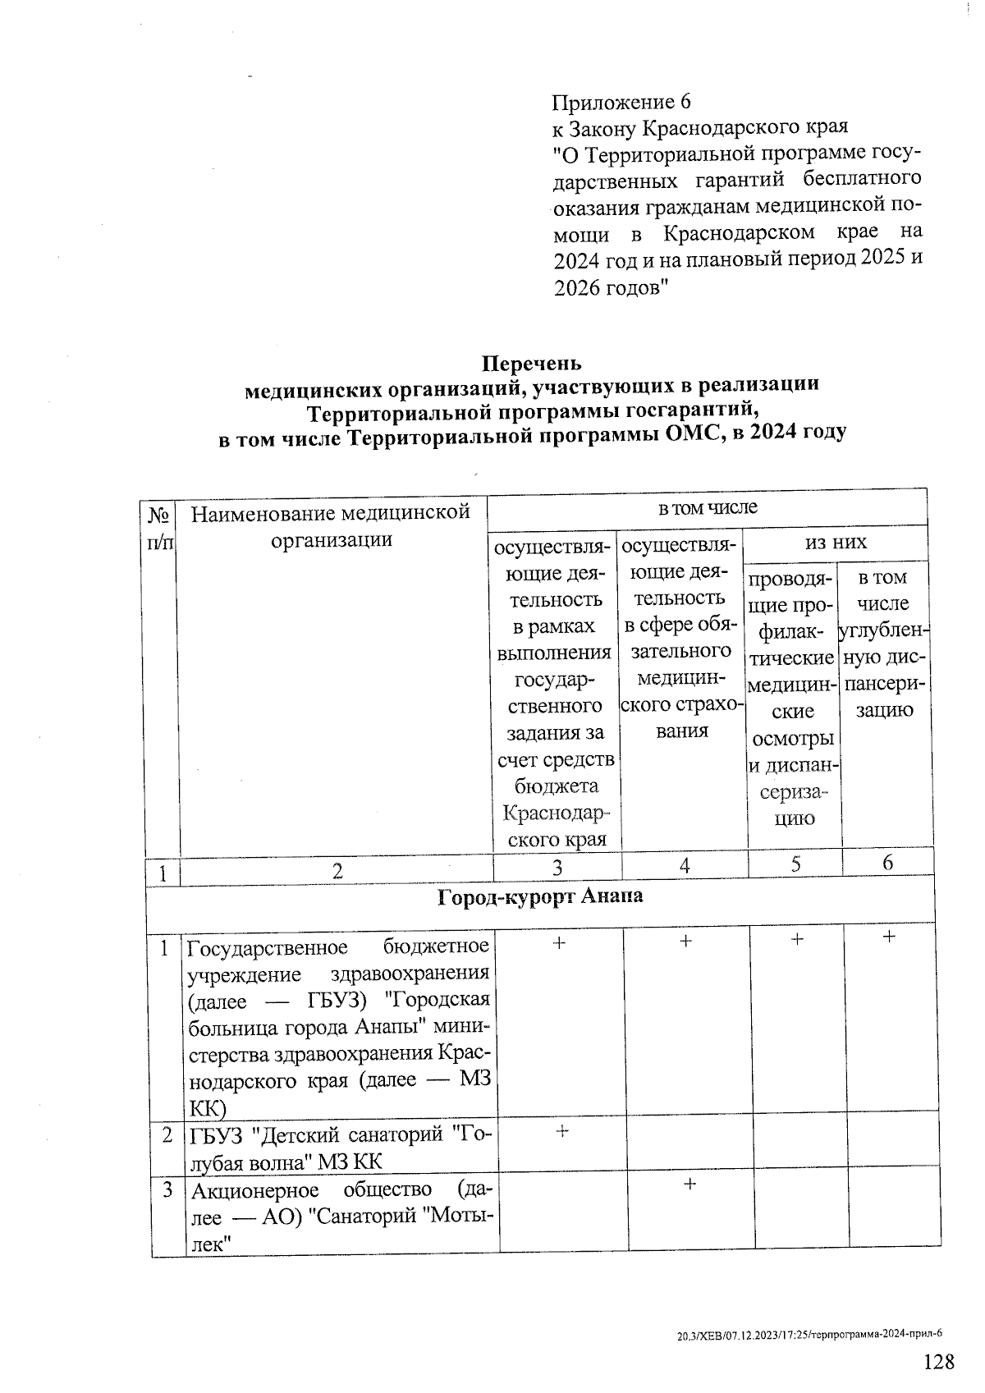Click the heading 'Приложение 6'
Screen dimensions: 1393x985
(x=621, y=102)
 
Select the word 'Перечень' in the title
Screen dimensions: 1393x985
(x=531, y=363)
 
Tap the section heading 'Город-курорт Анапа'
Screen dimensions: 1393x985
(x=539, y=896)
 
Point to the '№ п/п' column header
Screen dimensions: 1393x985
(x=161, y=528)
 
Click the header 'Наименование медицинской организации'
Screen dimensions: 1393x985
(x=331, y=526)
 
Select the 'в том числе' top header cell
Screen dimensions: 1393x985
(x=707, y=508)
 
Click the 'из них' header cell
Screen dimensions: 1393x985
(x=835, y=542)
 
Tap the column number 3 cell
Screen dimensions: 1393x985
(x=557, y=866)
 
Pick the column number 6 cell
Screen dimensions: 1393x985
(x=888, y=862)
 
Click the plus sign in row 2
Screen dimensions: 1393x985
(x=562, y=1130)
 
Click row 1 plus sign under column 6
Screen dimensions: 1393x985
(x=889, y=936)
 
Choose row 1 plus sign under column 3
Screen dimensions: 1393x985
(x=559, y=944)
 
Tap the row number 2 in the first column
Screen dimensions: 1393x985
(x=167, y=1135)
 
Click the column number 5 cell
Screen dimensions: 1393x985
(x=795, y=864)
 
